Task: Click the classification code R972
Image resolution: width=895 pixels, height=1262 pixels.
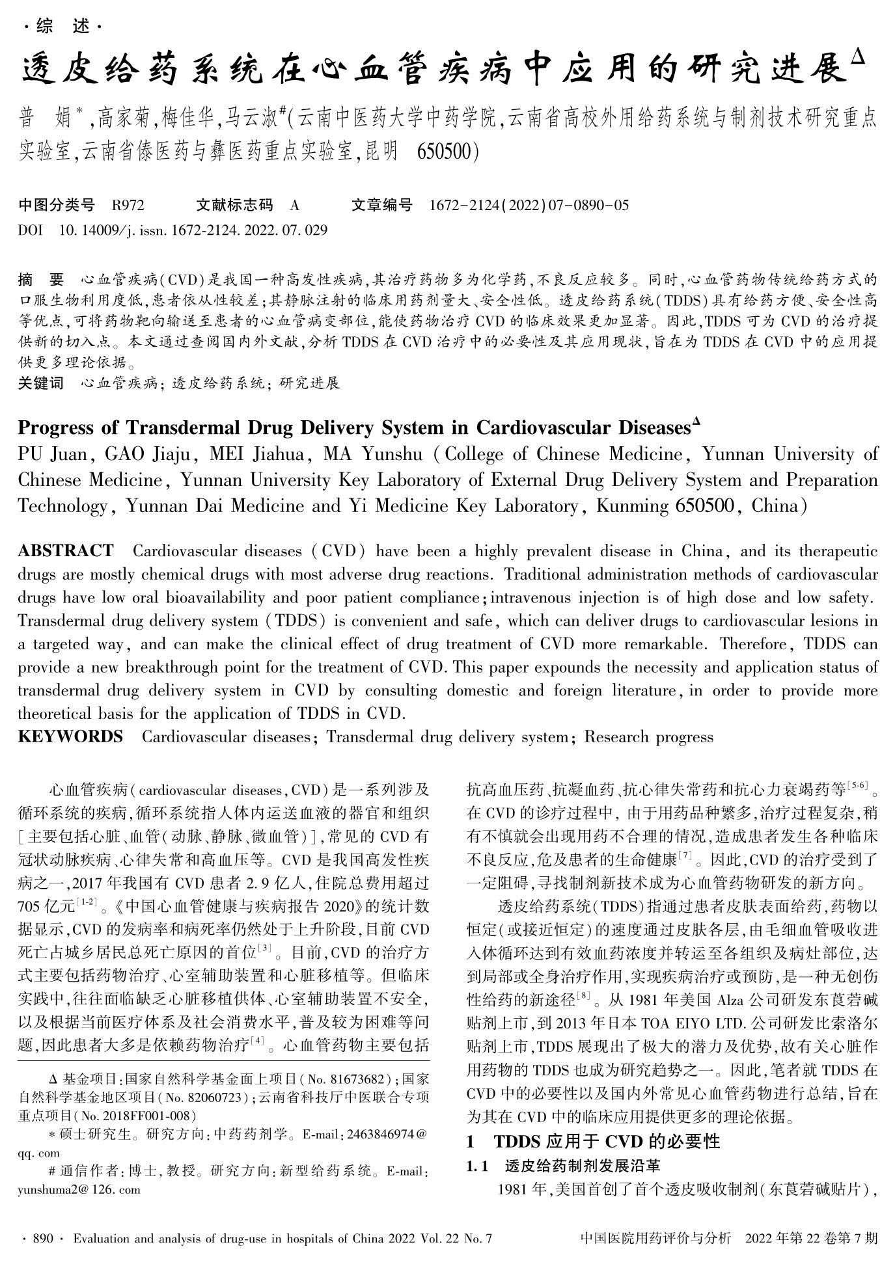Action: coord(128,206)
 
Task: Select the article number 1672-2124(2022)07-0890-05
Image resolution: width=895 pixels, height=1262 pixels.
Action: coord(529,206)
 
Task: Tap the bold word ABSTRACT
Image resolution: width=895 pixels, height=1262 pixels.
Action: coord(66,551)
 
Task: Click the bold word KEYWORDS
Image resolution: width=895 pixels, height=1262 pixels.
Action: coord(70,736)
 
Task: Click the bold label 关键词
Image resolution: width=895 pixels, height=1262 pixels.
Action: coord(41,383)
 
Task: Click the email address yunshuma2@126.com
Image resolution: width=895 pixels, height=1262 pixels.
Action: coord(79,1189)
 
